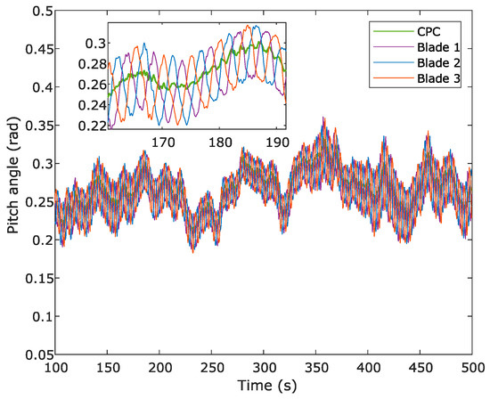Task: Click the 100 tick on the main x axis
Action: click(x=55, y=368)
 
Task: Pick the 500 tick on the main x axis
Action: click(x=472, y=368)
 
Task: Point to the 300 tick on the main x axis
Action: click(x=264, y=368)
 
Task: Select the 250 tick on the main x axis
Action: click(x=212, y=368)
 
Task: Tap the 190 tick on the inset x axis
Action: click(x=277, y=142)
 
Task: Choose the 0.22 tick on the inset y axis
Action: click(x=92, y=126)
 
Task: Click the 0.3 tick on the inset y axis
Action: click(x=95, y=42)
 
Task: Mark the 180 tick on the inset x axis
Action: click(x=220, y=142)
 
